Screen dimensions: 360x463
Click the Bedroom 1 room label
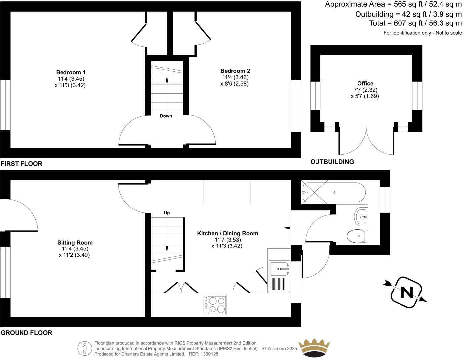(70, 72)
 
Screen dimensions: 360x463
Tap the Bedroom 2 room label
(235, 71)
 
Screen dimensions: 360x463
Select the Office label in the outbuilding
(365, 83)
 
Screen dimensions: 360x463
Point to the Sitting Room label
(75, 243)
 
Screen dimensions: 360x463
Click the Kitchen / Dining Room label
(228, 233)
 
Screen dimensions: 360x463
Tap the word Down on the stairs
(166, 116)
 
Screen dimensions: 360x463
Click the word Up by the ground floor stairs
(167, 213)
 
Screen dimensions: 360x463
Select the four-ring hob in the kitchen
(215, 304)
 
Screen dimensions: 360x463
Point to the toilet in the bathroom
(356, 236)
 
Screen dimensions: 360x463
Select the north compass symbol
(406, 292)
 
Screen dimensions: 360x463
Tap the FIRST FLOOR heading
(21, 164)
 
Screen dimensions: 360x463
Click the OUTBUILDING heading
(332, 162)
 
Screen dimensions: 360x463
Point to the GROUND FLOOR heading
(26, 333)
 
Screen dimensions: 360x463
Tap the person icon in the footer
(84, 348)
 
